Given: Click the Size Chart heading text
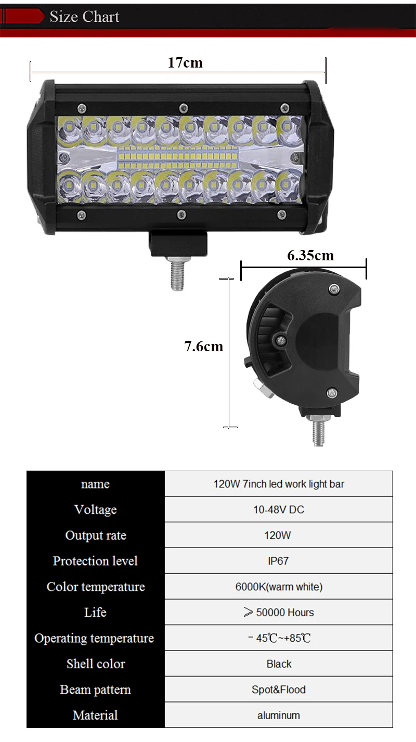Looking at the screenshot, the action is coord(84,17).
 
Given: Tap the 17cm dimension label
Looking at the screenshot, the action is coord(185,62).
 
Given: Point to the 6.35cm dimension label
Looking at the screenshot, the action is coord(310,256).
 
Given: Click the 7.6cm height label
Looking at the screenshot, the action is coord(203,347).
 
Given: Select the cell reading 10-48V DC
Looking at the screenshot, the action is coord(278,509).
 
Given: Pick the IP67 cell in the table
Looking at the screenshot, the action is coord(278,561).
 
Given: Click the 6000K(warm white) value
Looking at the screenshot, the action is coord(279,587).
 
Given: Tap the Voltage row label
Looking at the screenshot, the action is coord(96,510).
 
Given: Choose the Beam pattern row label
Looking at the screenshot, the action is coord(96,690).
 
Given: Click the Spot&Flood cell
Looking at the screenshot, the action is coord(278,690).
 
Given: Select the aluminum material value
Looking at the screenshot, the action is coord(278,716).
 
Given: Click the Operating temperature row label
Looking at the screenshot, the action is coord(94,638).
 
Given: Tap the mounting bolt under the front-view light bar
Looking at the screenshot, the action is coord(177,273).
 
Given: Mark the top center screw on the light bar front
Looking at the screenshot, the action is coord(184,108).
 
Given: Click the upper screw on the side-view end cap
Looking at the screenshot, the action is coord(334,289).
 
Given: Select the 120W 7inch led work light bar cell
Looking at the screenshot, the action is coord(279,484).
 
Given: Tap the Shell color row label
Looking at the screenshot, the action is coord(96,664).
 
